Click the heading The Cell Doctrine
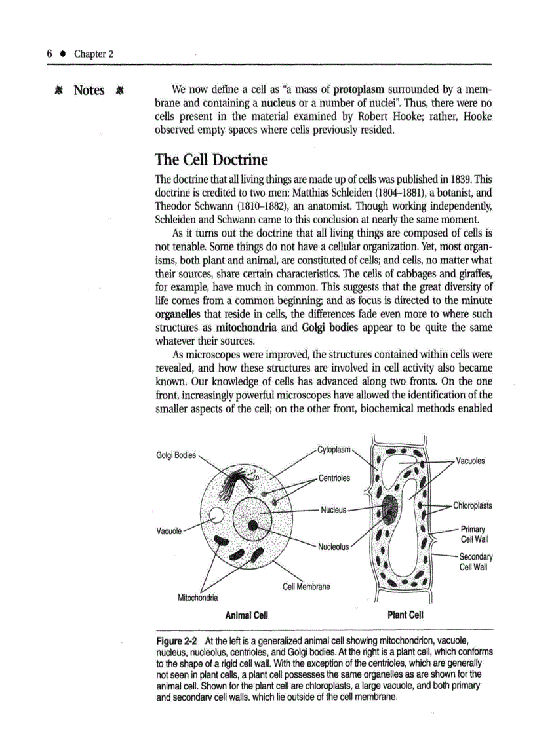[x=210, y=160]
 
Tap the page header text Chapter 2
[x=93, y=54]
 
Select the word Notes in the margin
[x=89, y=90]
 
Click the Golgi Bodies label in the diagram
[x=176, y=455]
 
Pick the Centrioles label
[x=334, y=478]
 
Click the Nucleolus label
[x=334, y=547]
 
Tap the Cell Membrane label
[x=306, y=587]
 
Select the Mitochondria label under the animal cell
[x=199, y=597]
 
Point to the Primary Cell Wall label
[x=474, y=534]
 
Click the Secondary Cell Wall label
[x=475, y=562]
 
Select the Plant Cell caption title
[x=406, y=615]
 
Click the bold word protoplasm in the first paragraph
[x=359, y=89]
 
